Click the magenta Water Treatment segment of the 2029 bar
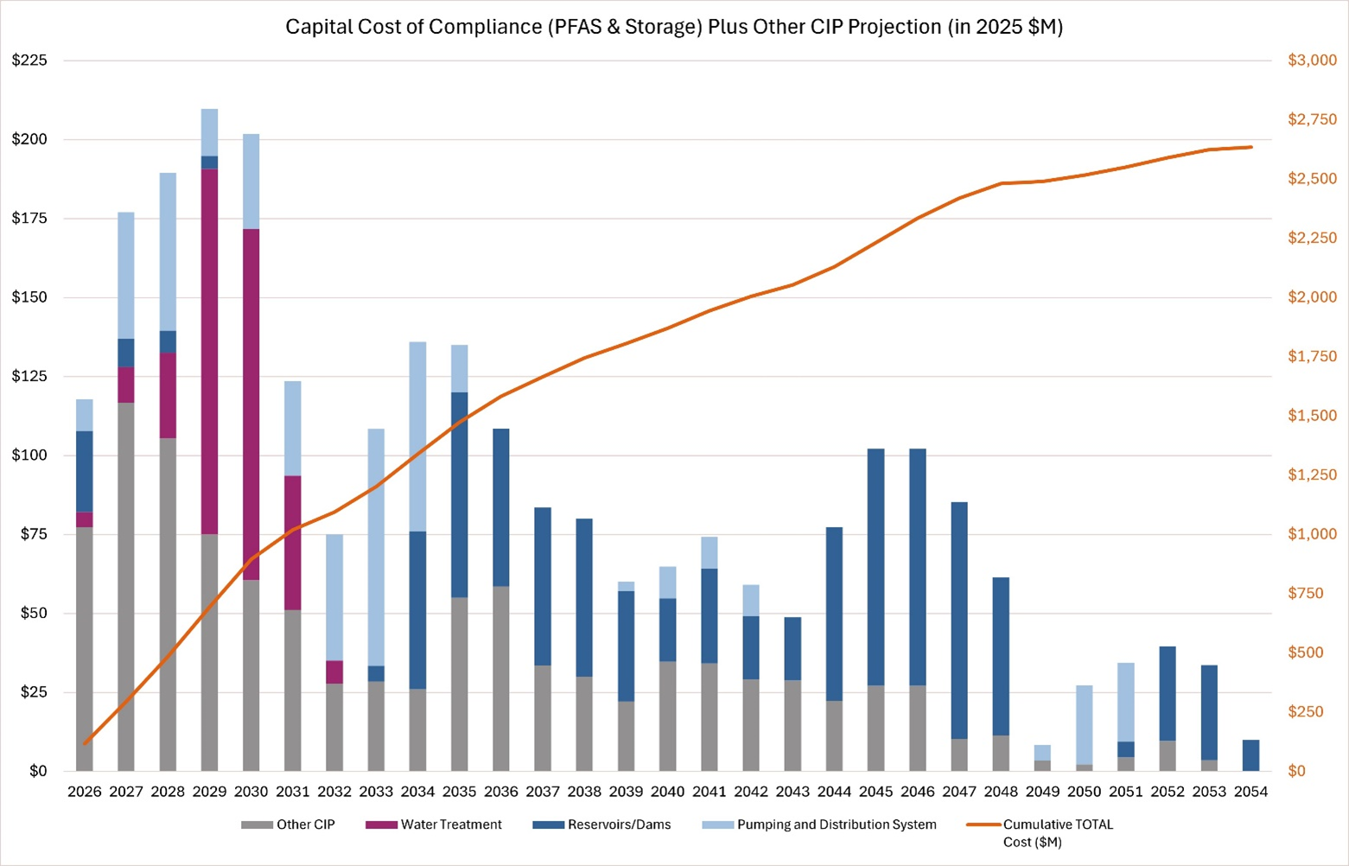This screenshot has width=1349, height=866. pyautogui.click(x=209, y=351)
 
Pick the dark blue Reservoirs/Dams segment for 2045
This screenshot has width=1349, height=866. pyautogui.click(x=875, y=566)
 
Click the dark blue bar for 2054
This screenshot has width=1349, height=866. pyautogui.click(x=1250, y=755)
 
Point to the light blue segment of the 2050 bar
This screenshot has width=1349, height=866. pyautogui.click(x=1085, y=724)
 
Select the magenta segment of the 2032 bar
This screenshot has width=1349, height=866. pyautogui.click(x=334, y=672)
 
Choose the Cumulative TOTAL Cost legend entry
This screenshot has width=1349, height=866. pyautogui.click(x=1058, y=825)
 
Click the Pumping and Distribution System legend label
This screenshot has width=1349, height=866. pyautogui.click(x=836, y=825)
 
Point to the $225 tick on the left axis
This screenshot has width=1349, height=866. pyautogui.click(x=30, y=60)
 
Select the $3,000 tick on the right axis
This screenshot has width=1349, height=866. pyautogui.click(x=1312, y=60)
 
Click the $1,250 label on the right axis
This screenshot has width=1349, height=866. pyautogui.click(x=1312, y=474)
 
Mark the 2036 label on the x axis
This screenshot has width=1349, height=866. pyautogui.click(x=501, y=792)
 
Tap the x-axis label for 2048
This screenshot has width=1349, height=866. pyautogui.click(x=1001, y=792)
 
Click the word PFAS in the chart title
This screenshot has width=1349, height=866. pyautogui.click(x=571, y=27)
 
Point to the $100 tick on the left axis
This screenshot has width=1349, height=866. pyautogui.click(x=30, y=455)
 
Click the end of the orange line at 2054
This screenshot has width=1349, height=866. pyautogui.click(x=1250, y=147)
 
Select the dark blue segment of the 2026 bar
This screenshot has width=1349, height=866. pyautogui.click(x=85, y=471)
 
